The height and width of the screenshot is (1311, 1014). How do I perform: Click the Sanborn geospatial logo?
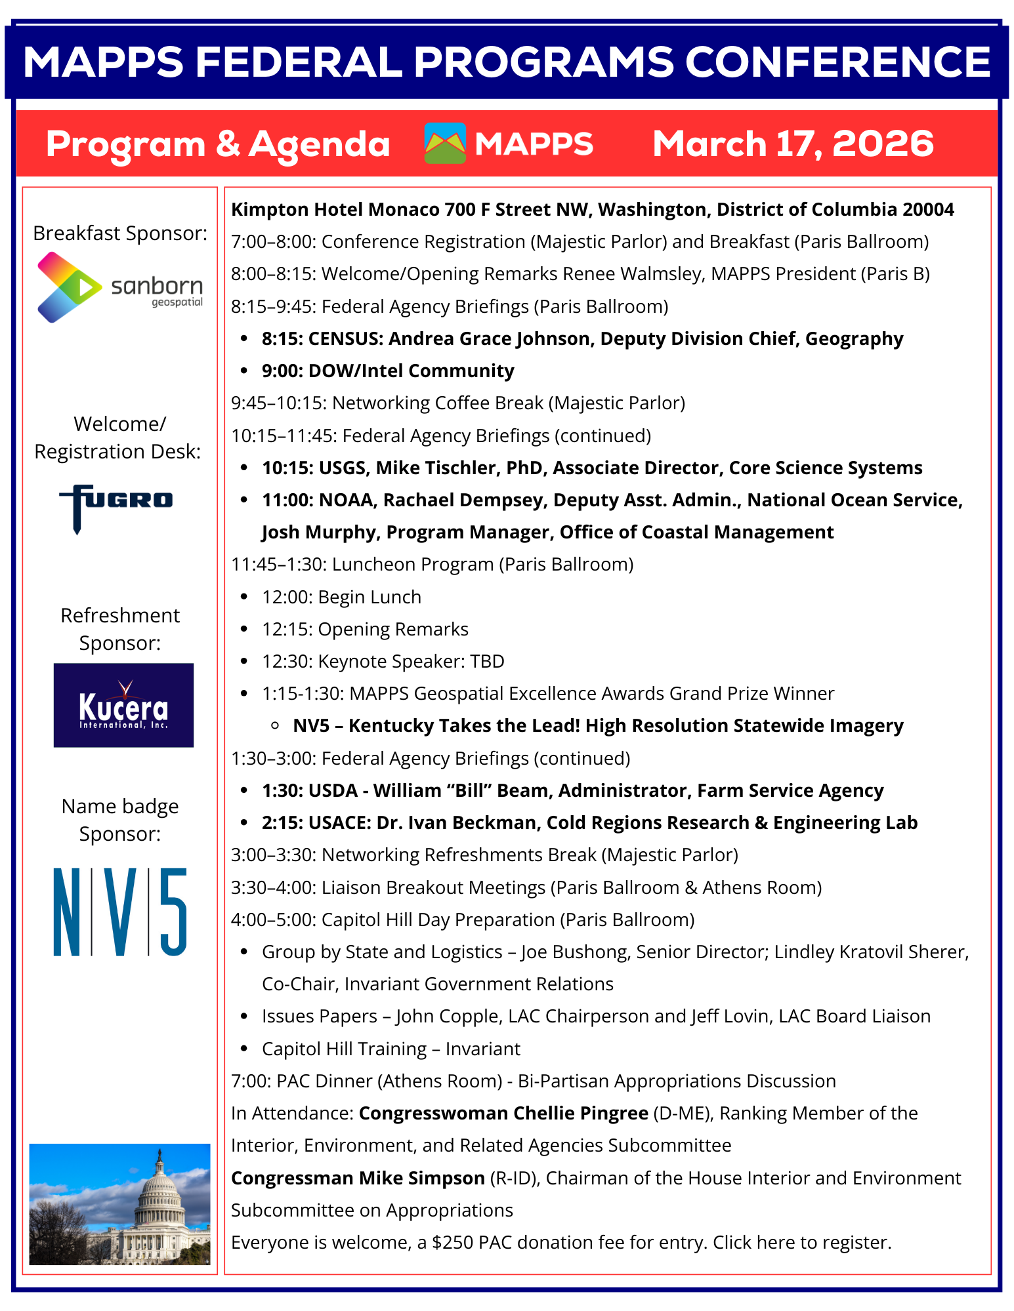coord(120,288)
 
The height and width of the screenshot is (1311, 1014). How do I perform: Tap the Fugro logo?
coord(116,506)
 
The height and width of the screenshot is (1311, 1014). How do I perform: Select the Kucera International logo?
coord(123,705)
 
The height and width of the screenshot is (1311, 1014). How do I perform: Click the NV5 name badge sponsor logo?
coord(120,912)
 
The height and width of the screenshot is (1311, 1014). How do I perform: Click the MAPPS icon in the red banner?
coord(445,144)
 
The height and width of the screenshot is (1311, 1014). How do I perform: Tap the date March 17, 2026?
coord(793,144)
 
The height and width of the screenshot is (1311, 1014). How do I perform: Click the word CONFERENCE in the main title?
coord(837,62)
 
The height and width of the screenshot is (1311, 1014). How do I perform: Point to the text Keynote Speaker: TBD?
coord(411,661)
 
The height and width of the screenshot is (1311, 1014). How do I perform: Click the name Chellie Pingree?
coord(503,1113)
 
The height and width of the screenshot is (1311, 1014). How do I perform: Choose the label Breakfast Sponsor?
coord(120,233)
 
